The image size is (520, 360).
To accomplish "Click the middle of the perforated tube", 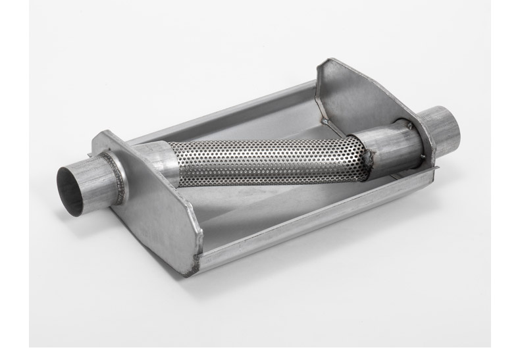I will [263, 162].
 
